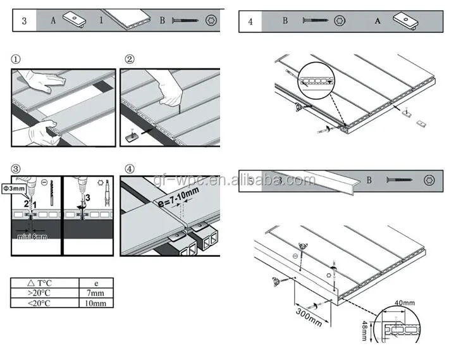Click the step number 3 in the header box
[24, 20]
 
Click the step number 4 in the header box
[250, 22]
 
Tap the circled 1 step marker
[16, 59]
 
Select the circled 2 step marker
[129, 59]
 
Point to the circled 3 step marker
[16, 169]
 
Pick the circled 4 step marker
[129, 169]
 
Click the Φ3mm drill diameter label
[12, 189]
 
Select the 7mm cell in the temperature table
[95, 293]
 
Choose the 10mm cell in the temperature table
[95, 302]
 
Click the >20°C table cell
[44, 293]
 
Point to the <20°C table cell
[44, 302]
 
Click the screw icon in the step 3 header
[187, 21]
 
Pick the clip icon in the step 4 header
[405, 21]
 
